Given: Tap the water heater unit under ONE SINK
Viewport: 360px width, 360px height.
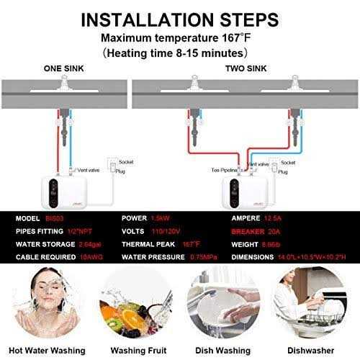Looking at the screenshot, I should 66,184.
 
